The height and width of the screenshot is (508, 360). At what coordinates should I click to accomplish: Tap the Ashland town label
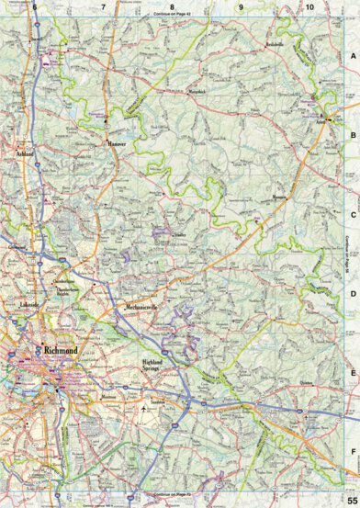(25, 155)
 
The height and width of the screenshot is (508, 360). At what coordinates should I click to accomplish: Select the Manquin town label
(279, 197)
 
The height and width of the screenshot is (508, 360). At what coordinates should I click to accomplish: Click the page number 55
(352, 499)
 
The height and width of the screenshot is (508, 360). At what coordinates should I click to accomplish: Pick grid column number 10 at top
(310, 7)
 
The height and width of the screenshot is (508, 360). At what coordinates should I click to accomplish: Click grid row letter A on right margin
(352, 57)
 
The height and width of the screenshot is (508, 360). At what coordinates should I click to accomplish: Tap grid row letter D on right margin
(352, 294)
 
